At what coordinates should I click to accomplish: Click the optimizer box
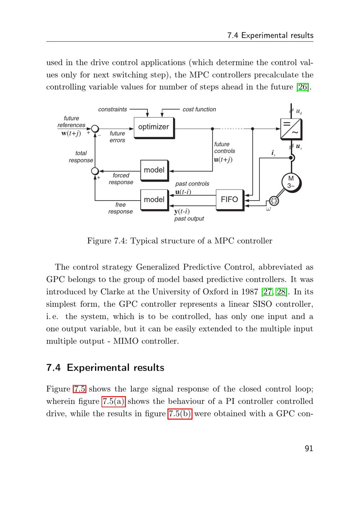153,127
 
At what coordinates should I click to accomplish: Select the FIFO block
229,200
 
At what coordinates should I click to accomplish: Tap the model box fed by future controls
154,170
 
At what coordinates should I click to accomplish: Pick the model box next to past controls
154,200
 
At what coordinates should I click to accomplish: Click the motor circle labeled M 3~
291,182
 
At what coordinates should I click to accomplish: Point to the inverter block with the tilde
291,128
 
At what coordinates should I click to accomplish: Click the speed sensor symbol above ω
274,201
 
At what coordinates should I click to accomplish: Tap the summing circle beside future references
95,129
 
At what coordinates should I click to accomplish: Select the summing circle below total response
95,171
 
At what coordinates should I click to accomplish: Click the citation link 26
302,87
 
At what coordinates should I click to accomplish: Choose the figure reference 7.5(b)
180,414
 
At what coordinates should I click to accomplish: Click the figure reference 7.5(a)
113,402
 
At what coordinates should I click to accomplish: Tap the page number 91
309,448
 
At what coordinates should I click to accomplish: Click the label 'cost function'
199,109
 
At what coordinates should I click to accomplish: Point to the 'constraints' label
112,109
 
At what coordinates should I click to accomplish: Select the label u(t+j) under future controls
223,159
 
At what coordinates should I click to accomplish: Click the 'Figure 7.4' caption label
107,241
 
